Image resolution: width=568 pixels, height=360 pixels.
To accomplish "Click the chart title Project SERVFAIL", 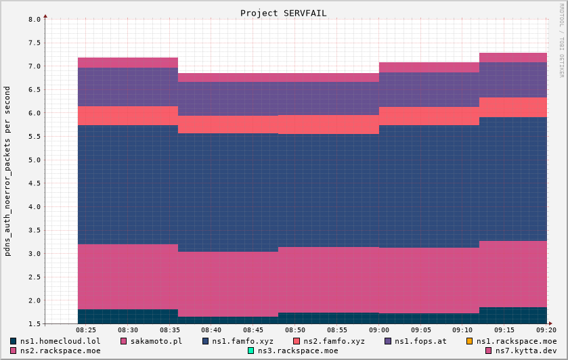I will (x=283, y=13).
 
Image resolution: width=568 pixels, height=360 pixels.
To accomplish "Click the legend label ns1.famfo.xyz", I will (x=242, y=341).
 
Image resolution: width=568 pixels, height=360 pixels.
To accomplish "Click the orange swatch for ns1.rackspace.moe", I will (x=469, y=341).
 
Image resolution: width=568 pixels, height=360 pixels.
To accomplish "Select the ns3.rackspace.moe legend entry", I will (x=297, y=351).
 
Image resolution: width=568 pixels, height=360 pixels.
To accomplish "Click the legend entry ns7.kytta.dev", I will (x=525, y=351).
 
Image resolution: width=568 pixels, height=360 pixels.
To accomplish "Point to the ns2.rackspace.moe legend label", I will (x=60, y=351).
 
